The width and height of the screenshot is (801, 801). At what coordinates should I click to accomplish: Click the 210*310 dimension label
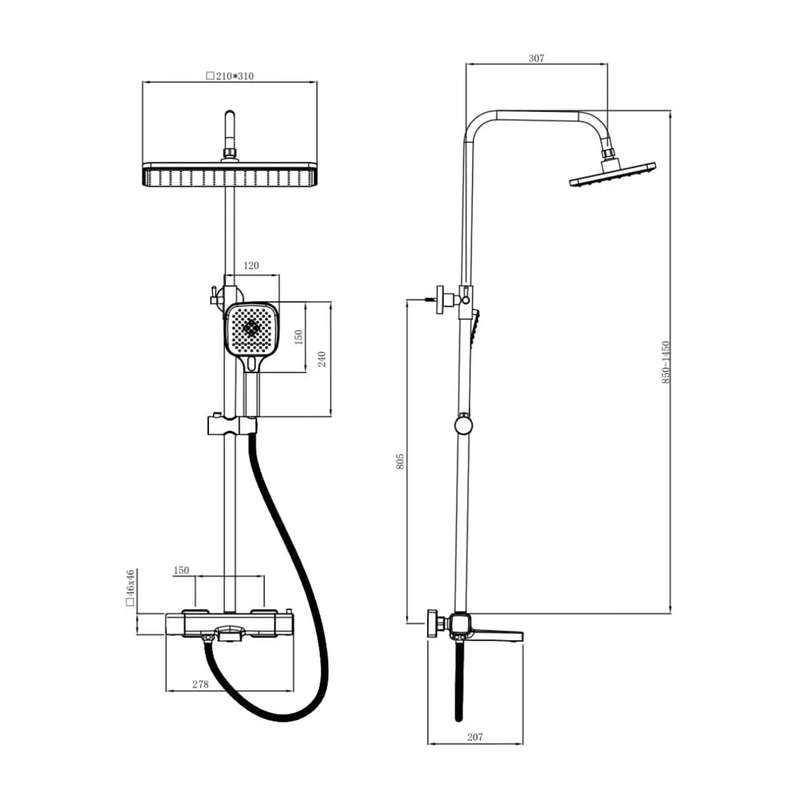pyautogui.click(x=230, y=76)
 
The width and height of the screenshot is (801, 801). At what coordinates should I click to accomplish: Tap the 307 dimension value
pyautogui.click(x=537, y=58)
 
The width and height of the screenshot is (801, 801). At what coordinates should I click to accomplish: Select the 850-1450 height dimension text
pyautogui.click(x=666, y=362)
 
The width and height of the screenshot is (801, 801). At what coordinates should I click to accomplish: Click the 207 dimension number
pyautogui.click(x=474, y=737)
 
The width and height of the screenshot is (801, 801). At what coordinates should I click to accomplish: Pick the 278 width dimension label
pyautogui.click(x=200, y=684)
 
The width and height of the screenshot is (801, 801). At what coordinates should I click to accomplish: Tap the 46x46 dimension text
pyautogui.click(x=129, y=590)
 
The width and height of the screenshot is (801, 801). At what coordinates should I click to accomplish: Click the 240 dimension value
pyautogui.click(x=322, y=359)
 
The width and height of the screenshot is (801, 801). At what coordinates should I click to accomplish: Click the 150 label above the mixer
pyautogui.click(x=181, y=570)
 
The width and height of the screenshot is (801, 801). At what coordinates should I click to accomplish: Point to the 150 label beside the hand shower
pyautogui.click(x=299, y=336)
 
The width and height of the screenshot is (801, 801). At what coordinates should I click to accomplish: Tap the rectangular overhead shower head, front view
pyautogui.click(x=230, y=174)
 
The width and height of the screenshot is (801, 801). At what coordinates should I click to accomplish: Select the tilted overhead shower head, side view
pyautogui.click(x=613, y=174)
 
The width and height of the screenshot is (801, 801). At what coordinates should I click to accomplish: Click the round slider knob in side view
pyautogui.click(x=464, y=425)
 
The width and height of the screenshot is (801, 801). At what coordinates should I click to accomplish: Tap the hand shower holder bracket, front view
pyautogui.click(x=231, y=425)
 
